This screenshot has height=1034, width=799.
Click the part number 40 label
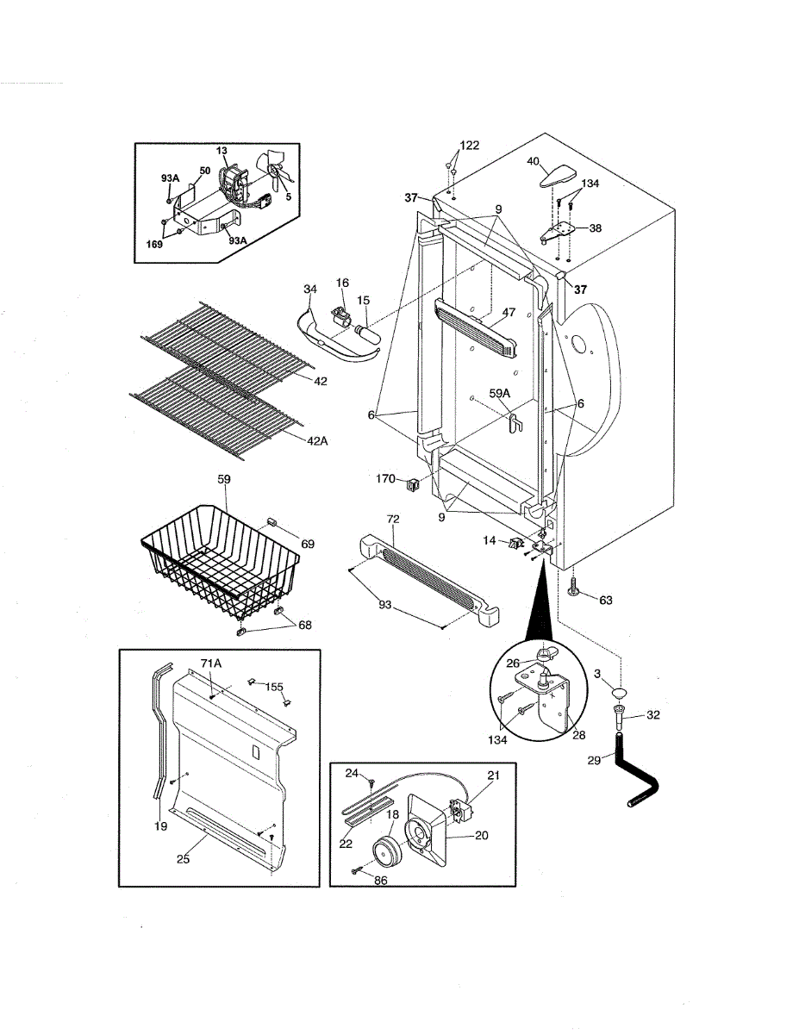[x=533, y=161]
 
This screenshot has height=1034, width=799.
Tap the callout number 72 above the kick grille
[x=393, y=520]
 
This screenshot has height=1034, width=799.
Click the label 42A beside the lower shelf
[x=316, y=441]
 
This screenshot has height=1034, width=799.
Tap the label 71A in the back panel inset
[x=212, y=663]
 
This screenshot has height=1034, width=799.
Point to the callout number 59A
[x=501, y=394]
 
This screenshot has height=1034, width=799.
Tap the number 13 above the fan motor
[x=222, y=150]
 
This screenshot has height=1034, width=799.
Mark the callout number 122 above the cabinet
[x=469, y=145]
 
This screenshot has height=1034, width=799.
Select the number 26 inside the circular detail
[x=513, y=663]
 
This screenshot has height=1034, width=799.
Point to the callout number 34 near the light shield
[x=310, y=288]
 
